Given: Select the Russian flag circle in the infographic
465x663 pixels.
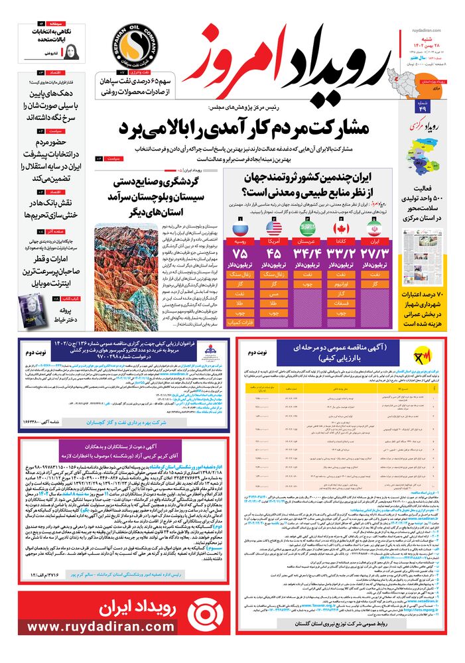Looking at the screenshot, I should pos(240,228).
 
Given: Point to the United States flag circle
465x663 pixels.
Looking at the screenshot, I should pos(274,228).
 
